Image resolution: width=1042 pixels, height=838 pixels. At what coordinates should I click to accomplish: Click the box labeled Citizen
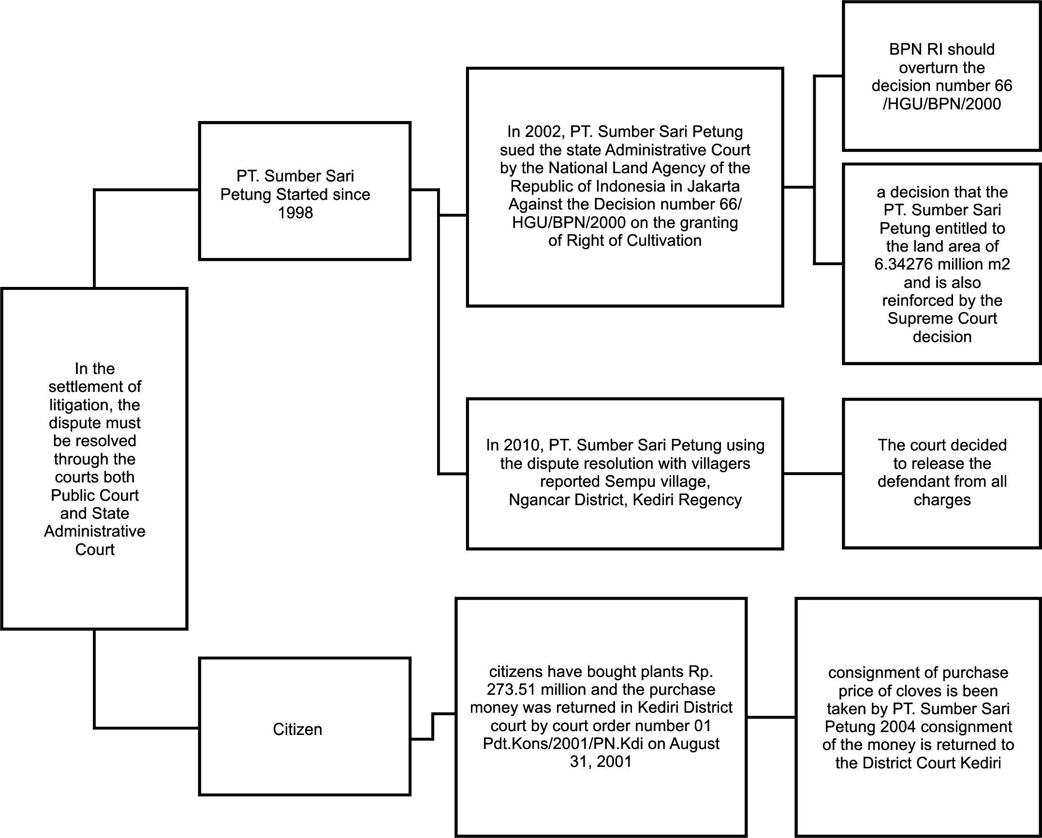tap(297, 729)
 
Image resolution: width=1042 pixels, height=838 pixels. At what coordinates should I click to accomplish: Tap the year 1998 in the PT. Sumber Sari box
tap(295, 212)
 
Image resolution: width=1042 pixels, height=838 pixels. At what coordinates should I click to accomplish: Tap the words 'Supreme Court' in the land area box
tap(942, 318)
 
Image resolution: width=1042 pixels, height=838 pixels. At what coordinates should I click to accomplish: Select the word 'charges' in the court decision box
tap(942, 499)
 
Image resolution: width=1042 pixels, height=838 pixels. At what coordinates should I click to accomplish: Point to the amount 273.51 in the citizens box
tap(510, 689)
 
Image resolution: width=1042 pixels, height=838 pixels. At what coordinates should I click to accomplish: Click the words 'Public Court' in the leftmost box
tap(95, 495)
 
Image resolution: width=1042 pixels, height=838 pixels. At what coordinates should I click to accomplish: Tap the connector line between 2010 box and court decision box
tap(813, 474)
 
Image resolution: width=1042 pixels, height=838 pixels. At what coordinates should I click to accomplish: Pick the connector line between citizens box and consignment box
tap(771, 717)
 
